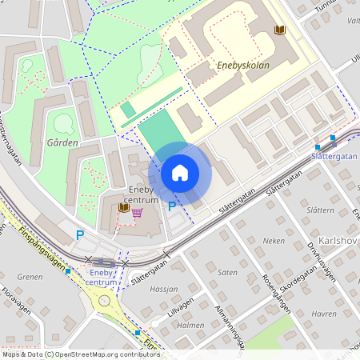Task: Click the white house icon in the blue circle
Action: click(x=179, y=172)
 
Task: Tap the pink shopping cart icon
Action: click(x=137, y=213)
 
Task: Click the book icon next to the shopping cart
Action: click(x=123, y=208)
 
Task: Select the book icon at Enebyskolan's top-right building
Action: click(x=279, y=30)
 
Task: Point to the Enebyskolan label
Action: click(x=242, y=66)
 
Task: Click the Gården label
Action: click(x=62, y=143)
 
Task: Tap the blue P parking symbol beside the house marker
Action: click(x=171, y=206)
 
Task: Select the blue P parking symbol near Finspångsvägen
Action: click(x=79, y=235)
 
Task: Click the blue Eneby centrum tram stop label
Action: click(x=102, y=278)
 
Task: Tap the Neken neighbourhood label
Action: click(x=274, y=240)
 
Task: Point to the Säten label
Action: click(x=227, y=272)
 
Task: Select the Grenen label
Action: click(x=29, y=278)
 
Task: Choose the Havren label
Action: click(x=324, y=314)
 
